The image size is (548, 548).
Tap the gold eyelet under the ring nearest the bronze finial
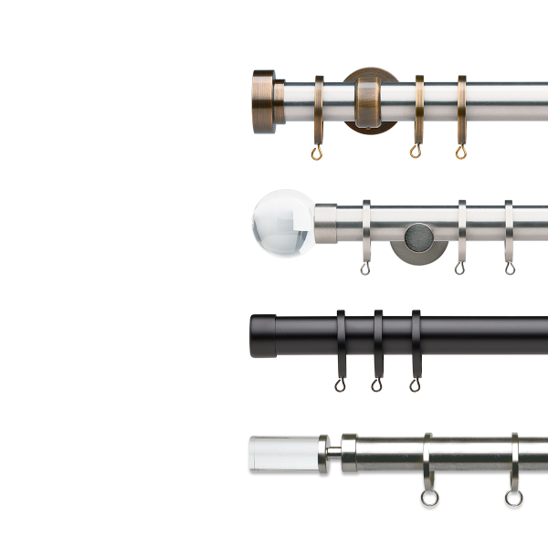[x=318, y=152]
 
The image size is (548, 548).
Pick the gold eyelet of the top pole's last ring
[x=460, y=153]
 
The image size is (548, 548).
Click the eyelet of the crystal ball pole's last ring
[x=509, y=269]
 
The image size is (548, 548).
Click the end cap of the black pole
[x=264, y=336]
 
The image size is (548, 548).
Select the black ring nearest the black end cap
[x=341, y=342]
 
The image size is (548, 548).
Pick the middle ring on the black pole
[x=376, y=342]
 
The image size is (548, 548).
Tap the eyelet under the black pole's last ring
[x=415, y=386]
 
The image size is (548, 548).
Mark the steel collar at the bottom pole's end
[x=349, y=453]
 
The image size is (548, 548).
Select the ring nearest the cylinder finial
[x=427, y=461]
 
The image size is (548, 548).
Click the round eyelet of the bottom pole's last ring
[x=513, y=498]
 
